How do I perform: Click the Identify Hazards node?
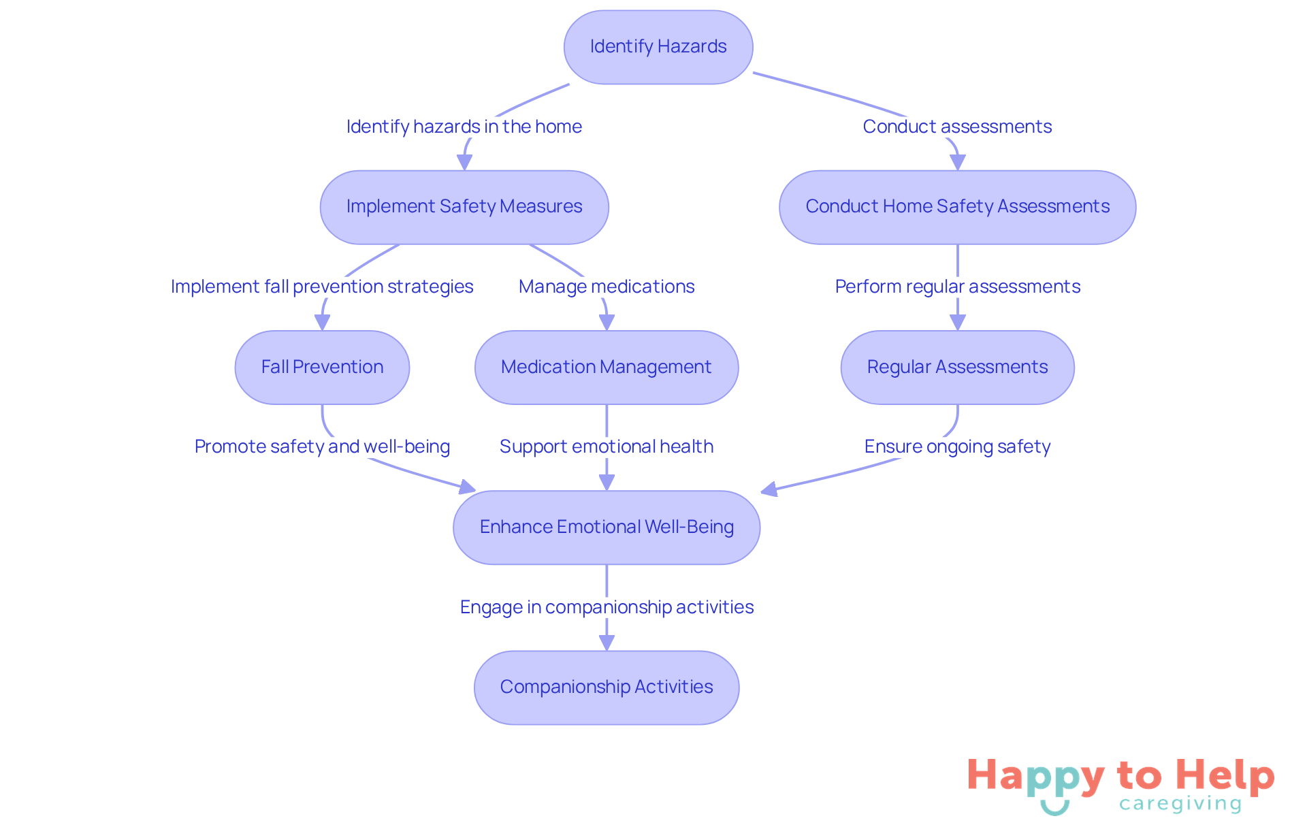(x=658, y=47)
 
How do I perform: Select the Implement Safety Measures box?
(x=464, y=207)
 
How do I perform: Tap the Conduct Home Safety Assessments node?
(x=957, y=207)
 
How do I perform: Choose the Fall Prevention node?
(x=322, y=368)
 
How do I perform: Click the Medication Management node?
(x=606, y=368)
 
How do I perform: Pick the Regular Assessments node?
(x=957, y=368)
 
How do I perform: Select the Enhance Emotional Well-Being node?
(x=606, y=528)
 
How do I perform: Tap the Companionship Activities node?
(x=606, y=687)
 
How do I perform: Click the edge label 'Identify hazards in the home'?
(x=464, y=127)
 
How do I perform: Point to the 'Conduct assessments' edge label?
(x=957, y=127)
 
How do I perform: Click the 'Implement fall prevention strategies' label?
(x=322, y=287)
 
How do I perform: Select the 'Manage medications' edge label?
(x=606, y=287)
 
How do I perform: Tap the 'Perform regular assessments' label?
(x=957, y=287)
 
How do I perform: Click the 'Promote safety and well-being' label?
(x=322, y=447)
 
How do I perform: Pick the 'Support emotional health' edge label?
(x=606, y=447)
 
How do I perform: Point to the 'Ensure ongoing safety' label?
(x=957, y=447)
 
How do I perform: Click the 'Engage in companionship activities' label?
(x=606, y=607)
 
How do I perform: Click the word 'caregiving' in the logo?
(x=1180, y=804)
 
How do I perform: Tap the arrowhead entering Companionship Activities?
(x=607, y=643)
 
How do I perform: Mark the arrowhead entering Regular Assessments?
(x=958, y=323)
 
